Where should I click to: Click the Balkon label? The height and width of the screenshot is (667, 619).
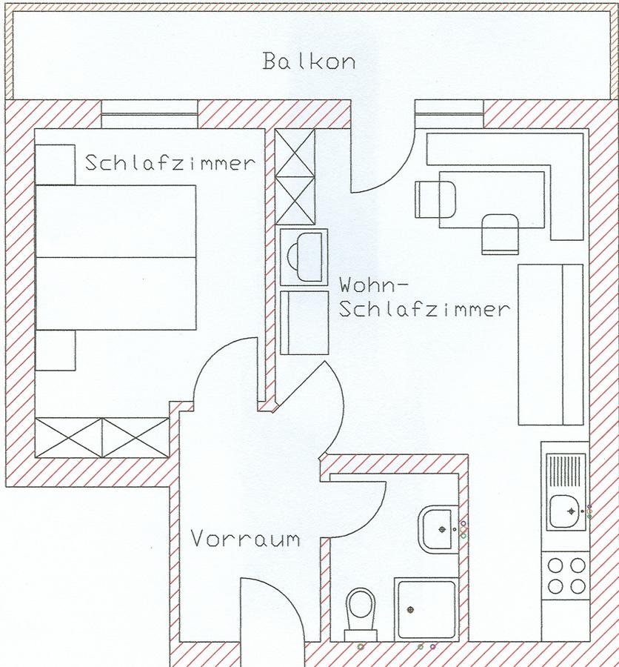click(x=309, y=61)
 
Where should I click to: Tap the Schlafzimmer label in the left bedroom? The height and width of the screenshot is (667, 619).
click(x=170, y=162)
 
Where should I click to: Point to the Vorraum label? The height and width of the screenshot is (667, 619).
click(x=245, y=538)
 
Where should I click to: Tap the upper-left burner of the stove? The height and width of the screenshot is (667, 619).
click(x=555, y=565)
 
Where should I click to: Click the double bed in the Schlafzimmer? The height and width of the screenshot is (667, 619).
click(x=116, y=257)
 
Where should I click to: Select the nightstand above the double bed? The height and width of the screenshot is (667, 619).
click(x=56, y=165)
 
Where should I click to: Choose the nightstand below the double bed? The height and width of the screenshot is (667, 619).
click(x=56, y=350)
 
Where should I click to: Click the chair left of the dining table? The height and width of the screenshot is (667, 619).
click(x=435, y=199)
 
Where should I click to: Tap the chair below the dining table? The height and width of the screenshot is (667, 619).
click(x=501, y=234)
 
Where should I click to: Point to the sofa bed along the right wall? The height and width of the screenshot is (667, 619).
click(x=551, y=345)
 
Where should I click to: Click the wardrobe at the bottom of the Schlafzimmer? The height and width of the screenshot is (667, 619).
click(x=102, y=438)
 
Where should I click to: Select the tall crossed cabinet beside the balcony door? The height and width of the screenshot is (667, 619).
click(x=295, y=176)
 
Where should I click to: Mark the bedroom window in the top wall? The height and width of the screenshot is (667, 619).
click(x=150, y=114)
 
